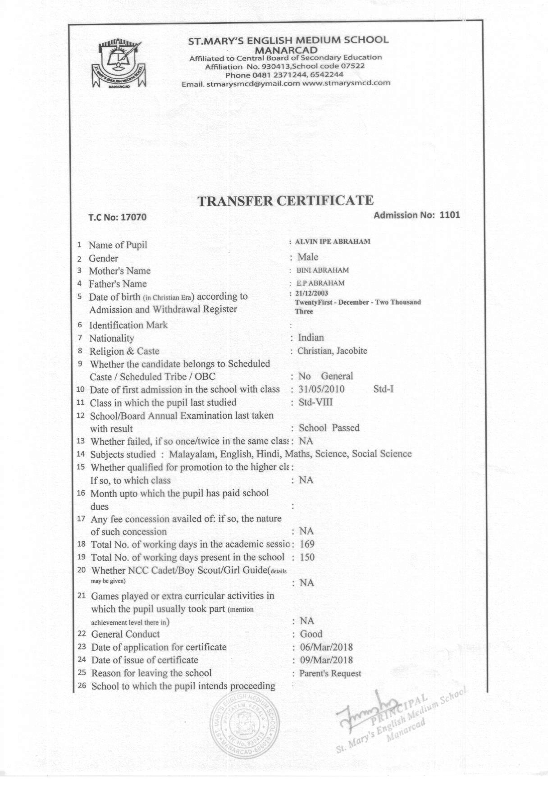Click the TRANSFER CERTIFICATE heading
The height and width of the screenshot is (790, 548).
click(x=286, y=201)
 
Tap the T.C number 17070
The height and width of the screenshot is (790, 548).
click(x=133, y=217)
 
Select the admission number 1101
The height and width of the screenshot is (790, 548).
click(x=449, y=215)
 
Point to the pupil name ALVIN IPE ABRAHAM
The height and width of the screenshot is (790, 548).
click(x=333, y=242)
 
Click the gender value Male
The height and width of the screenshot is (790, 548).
click(x=308, y=257)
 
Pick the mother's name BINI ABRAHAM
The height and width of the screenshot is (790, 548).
click(x=323, y=270)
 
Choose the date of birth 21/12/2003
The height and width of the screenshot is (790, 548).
click(x=312, y=293)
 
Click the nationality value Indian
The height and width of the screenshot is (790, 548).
click(x=311, y=338)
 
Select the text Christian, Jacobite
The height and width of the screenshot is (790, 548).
click(x=332, y=351)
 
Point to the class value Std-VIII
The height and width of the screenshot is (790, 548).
click(x=315, y=402)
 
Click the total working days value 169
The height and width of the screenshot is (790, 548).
click(x=307, y=544)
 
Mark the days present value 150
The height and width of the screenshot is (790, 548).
click(x=307, y=557)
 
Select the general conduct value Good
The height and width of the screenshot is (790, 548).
click(x=311, y=634)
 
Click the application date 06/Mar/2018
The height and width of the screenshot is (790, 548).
click(x=326, y=647)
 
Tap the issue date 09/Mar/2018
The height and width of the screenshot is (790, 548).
click(x=326, y=660)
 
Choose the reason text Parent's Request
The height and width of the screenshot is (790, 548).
click(x=330, y=673)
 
